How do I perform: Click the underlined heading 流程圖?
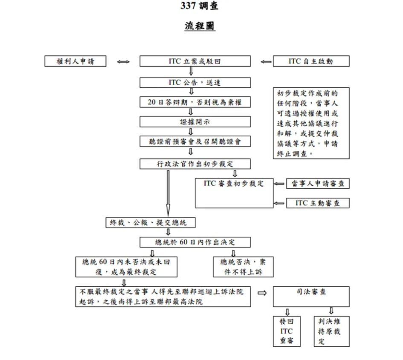(200, 26)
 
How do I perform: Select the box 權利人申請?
(75, 61)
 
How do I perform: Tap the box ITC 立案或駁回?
(195, 61)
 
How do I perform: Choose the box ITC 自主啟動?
(311, 61)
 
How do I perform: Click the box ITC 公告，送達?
(195, 82)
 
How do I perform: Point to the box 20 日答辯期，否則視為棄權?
(195, 102)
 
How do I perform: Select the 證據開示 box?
(195, 122)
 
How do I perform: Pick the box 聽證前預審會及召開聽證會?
(195, 141)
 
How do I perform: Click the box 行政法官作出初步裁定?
(195, 164)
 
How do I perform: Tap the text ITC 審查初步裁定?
(234, 184)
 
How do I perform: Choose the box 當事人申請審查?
(318, 184)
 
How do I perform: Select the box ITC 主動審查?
(318, 203)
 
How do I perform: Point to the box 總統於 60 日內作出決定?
(195, 242)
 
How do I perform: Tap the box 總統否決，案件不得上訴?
(243, 267)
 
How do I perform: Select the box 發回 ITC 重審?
(284, 331)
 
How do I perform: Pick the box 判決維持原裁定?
(331, 331)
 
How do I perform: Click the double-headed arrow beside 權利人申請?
(123, 62)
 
